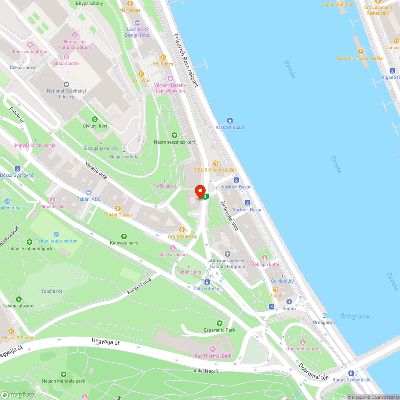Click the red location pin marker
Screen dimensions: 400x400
pyautogui.click(x=200, y=191)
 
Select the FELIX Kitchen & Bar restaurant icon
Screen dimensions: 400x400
pyautogui.click(x=216, y=163)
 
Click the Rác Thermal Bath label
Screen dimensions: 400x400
pyautogui.click(x=212, y=356)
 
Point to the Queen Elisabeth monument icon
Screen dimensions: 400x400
pyautogui.click(x=303, y=342)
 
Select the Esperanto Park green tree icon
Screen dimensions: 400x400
pyautogui.click(x=219, y=323)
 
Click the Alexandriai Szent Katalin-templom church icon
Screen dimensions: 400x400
pyautogui.click(x=228, y=254)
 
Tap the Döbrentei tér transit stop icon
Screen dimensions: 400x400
pyautogui.click(x=207, y=282)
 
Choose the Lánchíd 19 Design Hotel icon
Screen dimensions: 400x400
pyautogui.click(x=138, y=23)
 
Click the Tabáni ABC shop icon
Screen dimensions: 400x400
pyautogui.click(x=89, y=192)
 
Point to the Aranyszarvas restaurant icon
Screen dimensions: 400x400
pyautogui.click(x=182, y=230)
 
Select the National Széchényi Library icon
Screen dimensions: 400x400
pyautogui.click(x=66, y=84)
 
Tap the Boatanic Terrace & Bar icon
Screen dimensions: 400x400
pyautogui.click(x=360, y=51)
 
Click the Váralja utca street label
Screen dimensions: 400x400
pyautogui.click(x=96, y=170)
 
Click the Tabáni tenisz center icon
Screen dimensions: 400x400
pyautogui.click(x=56, y=234)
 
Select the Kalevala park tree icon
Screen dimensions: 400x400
pyautogui.click(x=124, y=236)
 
